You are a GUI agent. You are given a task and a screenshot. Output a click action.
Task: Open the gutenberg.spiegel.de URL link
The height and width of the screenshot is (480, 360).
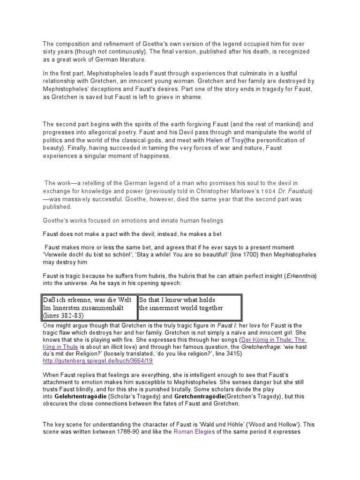click(98, 361)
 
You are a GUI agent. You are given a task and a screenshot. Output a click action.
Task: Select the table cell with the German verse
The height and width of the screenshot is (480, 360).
click(90, 307)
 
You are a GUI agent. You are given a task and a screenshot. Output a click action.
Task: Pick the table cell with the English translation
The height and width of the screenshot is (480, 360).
click(189, 304)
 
